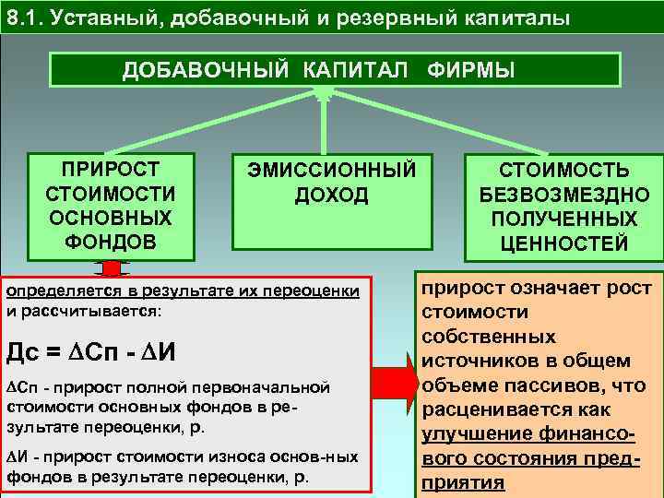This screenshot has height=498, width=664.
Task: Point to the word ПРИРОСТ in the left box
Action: point(110,170)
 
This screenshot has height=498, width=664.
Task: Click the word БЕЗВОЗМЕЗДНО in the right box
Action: point(564,196)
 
